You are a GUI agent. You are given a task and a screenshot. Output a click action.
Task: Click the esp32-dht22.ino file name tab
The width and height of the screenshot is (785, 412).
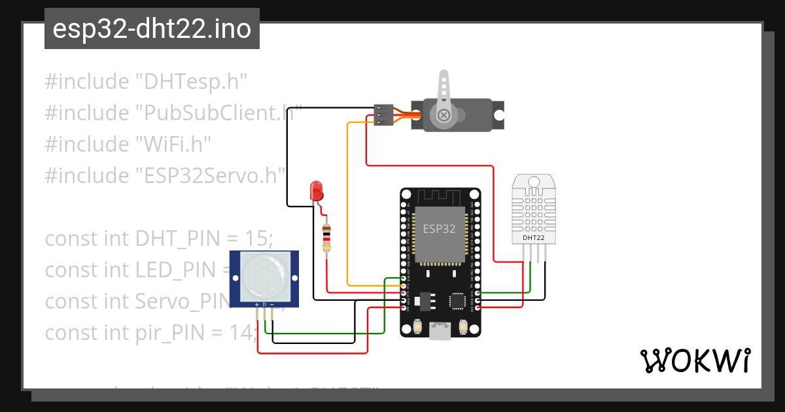(x=152, y=29)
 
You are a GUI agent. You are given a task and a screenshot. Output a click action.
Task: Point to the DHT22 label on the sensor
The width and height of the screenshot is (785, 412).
(x=533, y=237)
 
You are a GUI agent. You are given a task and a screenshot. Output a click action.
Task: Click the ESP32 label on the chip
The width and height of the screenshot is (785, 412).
(x=439, y=229)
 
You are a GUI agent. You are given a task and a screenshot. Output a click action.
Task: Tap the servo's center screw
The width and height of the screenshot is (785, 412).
(x=444, y=116)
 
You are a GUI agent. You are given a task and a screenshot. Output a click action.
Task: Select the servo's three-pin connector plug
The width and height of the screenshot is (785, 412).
(x=383, y=114)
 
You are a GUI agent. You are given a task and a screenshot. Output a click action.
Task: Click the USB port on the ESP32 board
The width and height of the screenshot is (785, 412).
(x=440, y=332)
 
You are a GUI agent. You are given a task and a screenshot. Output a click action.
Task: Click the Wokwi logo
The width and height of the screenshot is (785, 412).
(x=695, y=360)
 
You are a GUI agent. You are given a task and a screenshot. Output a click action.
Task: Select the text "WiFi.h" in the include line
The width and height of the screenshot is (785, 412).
(x=173, y=145)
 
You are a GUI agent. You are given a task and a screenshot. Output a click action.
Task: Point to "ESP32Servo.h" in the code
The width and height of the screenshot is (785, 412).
(x=211, y=176)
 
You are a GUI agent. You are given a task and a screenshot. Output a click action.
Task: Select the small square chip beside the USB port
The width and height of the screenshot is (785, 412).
(x=457, y=300)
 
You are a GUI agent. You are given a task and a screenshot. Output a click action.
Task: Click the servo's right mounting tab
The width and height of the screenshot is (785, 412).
(x=498, y=115)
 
